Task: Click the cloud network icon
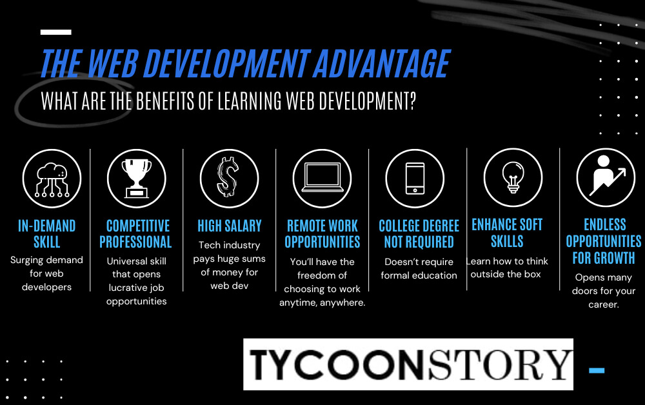52,179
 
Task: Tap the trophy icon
137,179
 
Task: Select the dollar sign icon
228,177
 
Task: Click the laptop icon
322,177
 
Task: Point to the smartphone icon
415,179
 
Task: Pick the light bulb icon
513,177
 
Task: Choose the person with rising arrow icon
606,175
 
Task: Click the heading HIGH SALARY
230,226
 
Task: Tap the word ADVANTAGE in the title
382,63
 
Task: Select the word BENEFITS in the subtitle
164,101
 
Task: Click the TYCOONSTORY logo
408,364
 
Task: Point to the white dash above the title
56,32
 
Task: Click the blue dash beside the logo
597,370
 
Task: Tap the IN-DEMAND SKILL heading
47,233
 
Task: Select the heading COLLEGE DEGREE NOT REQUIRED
419,233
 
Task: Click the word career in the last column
604,304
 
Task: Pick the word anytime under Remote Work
299,303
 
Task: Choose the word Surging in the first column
26,261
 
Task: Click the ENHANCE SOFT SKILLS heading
507,233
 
